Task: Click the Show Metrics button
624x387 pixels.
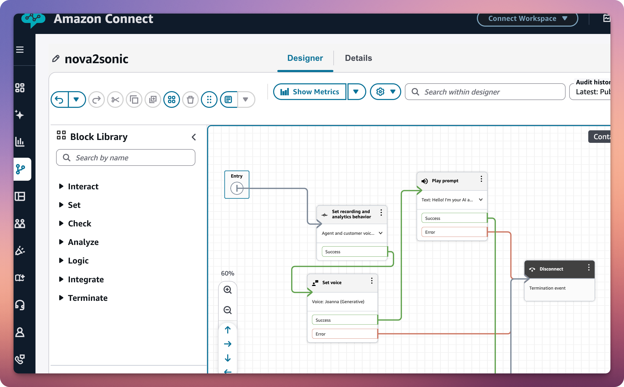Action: (310, 92)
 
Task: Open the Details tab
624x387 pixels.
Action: (358, 58)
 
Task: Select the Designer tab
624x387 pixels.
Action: (305, 58)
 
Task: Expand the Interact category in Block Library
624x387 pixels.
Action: (83, 186)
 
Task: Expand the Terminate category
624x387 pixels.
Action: (87, 298)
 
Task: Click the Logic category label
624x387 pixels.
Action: (78, 261)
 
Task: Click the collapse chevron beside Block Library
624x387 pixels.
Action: (194, 137)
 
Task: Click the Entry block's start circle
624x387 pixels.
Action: (237, 188)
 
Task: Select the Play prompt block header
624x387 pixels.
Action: (445, 181)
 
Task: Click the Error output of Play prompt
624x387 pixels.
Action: (454, 232)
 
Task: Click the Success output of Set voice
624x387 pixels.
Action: (344, 320)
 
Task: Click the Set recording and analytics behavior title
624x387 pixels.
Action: (351, 214)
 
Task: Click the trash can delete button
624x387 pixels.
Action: (190, 99)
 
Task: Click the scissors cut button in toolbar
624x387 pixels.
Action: (115, 99)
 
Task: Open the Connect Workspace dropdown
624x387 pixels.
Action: (527, 19)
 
